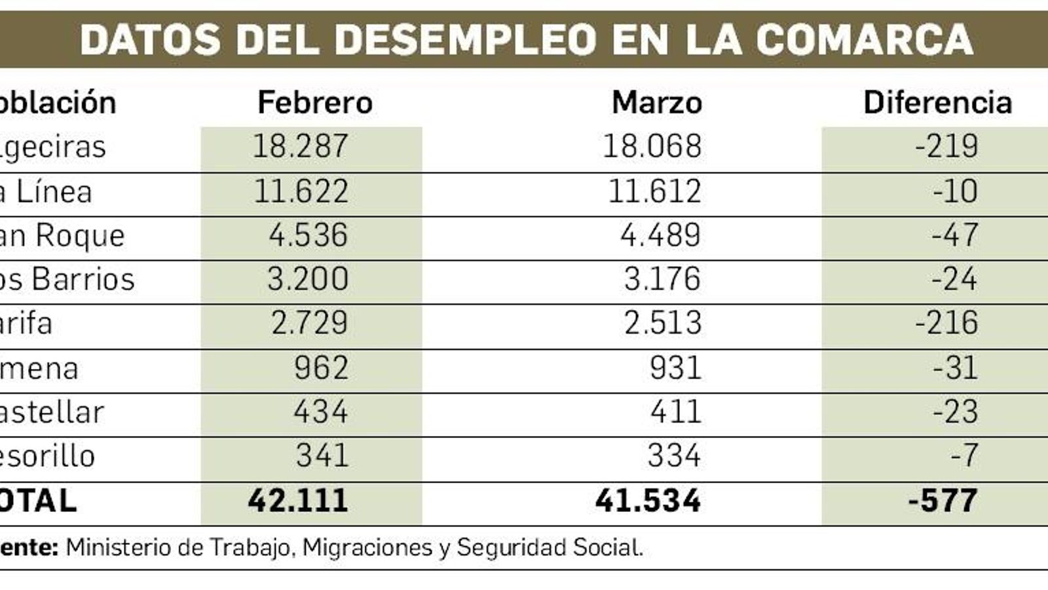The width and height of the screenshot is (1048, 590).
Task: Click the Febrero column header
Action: click(x=315, y=103)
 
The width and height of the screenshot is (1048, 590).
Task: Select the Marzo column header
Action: click(x=656, y=103)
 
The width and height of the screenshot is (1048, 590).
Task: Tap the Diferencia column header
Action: click(x=937, y=103)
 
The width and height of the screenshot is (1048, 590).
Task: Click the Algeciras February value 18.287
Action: click(x=300, y=146)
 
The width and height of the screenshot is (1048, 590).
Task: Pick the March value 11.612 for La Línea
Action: click(x=654, y=191)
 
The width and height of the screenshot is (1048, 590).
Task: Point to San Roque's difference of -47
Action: click(x=954, y=235)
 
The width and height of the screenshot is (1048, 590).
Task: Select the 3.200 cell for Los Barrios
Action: click(x=307, y=279)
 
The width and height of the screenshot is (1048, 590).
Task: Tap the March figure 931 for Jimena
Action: click(x=675, y=368)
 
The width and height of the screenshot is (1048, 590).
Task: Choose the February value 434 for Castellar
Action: click(x=320, y=412)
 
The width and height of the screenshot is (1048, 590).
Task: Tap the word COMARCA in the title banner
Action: click(x=864, y=39)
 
